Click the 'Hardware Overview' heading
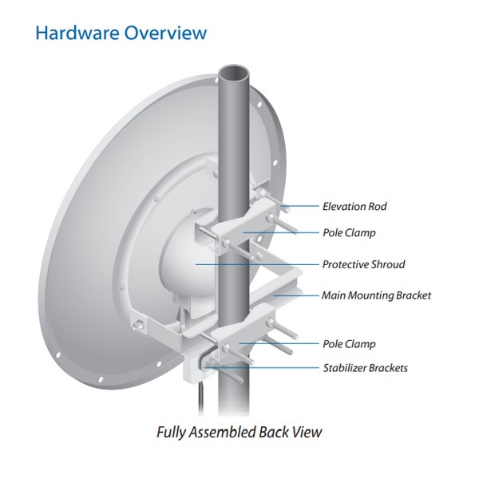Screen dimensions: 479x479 (x=121, y=33)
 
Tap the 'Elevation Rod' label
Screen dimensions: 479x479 (x=354, y=206)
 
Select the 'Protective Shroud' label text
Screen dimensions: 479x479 (x=364, y=264)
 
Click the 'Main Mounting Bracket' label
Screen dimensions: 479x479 (x=376, y=295)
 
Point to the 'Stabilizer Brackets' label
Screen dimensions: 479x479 (x=366, y=368)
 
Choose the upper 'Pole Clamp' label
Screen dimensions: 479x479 (x=349, y=233)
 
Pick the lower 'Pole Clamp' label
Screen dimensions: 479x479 (x=349, y=344)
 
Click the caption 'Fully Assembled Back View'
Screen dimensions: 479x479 (x=239, y=432)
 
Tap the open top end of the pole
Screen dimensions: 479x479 (x=235, y=73)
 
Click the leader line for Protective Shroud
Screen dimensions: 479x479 (x=257, y=264)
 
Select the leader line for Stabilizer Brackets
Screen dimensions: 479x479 (x=262, y=368)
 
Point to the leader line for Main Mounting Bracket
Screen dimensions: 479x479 (x=295, y=295)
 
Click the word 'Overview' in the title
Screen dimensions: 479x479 (x=165, y=33)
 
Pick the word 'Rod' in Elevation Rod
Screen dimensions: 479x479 (x=378, y=206)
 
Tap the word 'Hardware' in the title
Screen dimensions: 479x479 (x=77, y=33)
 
